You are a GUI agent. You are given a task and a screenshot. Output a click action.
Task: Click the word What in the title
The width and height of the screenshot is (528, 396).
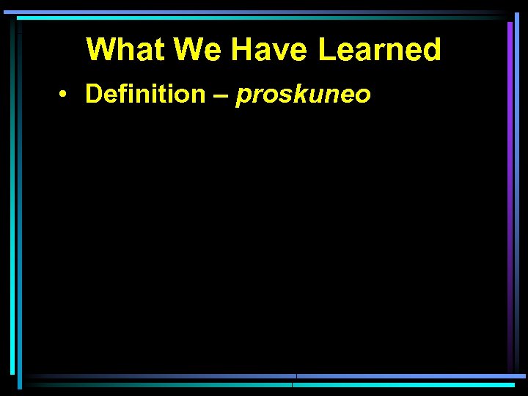click(x=127, y=50)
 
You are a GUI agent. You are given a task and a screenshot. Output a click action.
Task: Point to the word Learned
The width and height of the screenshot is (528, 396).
click(x=380, y=50)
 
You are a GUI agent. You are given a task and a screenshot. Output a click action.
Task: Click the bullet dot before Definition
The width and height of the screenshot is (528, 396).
click(x=65, y=95)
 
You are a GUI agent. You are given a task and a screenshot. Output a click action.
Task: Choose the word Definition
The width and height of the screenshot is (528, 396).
click(x=145, y=94)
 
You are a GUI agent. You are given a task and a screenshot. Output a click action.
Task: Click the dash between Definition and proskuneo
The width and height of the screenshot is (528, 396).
click(x=220, y=95)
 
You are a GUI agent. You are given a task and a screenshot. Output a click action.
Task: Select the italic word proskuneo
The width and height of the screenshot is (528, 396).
click(x=303, y=95)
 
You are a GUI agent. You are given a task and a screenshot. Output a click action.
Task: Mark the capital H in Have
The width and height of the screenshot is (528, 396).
click(x=243, y=50)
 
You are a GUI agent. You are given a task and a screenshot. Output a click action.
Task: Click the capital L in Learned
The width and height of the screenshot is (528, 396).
click(x=327, y=50)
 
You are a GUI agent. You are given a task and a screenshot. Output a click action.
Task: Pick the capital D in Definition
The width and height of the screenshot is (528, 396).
click(x=94, y=94)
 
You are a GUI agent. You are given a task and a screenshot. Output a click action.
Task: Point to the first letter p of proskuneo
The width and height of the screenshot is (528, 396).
click(x=243, y=96)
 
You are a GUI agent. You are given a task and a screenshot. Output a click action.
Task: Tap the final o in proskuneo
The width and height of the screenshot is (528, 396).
click(x=363, y=96)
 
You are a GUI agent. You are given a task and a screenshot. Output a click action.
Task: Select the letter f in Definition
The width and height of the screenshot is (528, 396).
click(x=122, y=93)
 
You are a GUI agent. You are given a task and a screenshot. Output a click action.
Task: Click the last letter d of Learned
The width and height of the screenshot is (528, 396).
click(x=432, y=50)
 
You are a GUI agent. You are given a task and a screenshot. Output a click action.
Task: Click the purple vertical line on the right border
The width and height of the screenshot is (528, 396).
click(x=510, y=191)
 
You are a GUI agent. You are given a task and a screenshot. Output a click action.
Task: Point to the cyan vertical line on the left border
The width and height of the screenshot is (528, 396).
click(x=12, y=191)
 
